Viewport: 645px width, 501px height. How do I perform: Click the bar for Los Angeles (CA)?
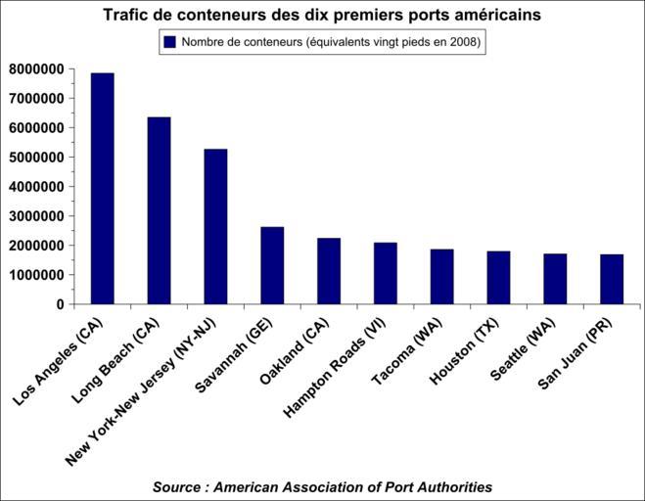click(x=102, y=189)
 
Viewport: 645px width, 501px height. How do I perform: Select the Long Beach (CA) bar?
click(x=159, y=210)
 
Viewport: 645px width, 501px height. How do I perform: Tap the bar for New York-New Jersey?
click(x=215, y=226)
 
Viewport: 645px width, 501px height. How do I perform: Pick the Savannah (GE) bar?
click(x=272, y=265)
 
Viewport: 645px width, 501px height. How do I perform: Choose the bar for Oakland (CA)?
click(x=329, y=271)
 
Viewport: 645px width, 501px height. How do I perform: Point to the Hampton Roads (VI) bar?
click(x=386, y=273)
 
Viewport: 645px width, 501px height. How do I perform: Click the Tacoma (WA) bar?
click(x=442, y=277)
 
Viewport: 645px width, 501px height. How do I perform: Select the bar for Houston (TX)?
click(x=498, y=278)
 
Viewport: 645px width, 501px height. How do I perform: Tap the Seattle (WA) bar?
click(x=555, y=279)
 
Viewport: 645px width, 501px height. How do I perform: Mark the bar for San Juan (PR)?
click(x=612, y=279)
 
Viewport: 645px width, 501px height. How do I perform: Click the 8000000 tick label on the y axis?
click(x=36, y=69)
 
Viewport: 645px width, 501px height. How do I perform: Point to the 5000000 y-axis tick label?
click(x=36, y=158)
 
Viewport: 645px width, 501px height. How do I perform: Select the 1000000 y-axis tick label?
click(x=36, y=275)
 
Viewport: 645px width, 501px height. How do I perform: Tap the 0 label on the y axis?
click(x=60, y=304)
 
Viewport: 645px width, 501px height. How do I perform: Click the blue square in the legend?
click(x=169, y=42)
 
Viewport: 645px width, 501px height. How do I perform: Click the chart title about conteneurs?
click(x=322, y=16)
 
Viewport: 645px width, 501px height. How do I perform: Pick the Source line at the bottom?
click(x=322, y=486)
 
